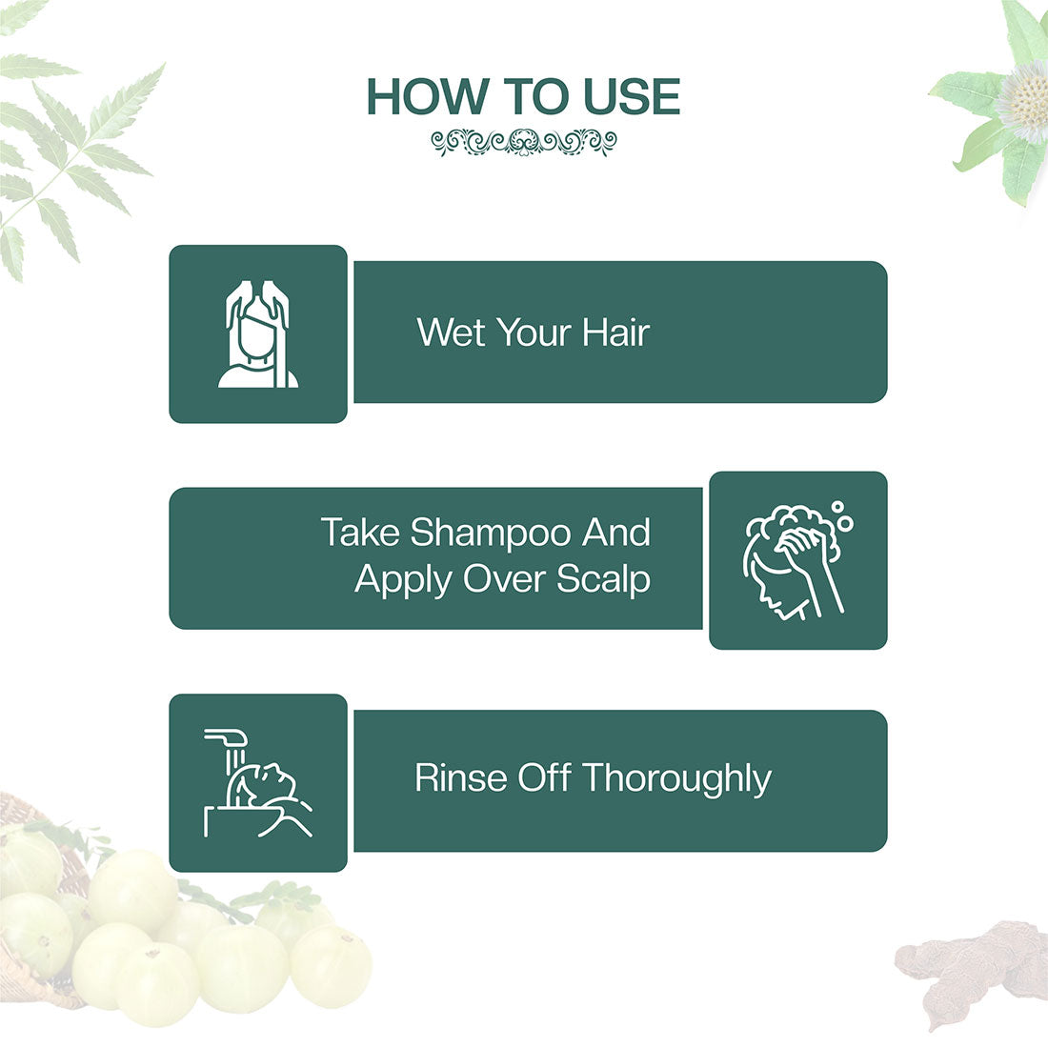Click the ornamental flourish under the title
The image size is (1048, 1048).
523,143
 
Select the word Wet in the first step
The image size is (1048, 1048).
452,333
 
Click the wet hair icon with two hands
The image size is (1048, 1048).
258,333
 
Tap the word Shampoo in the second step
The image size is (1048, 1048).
491,532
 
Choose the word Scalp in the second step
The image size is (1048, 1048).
603,578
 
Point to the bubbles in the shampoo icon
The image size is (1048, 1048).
841,517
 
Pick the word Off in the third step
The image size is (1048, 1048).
543,777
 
